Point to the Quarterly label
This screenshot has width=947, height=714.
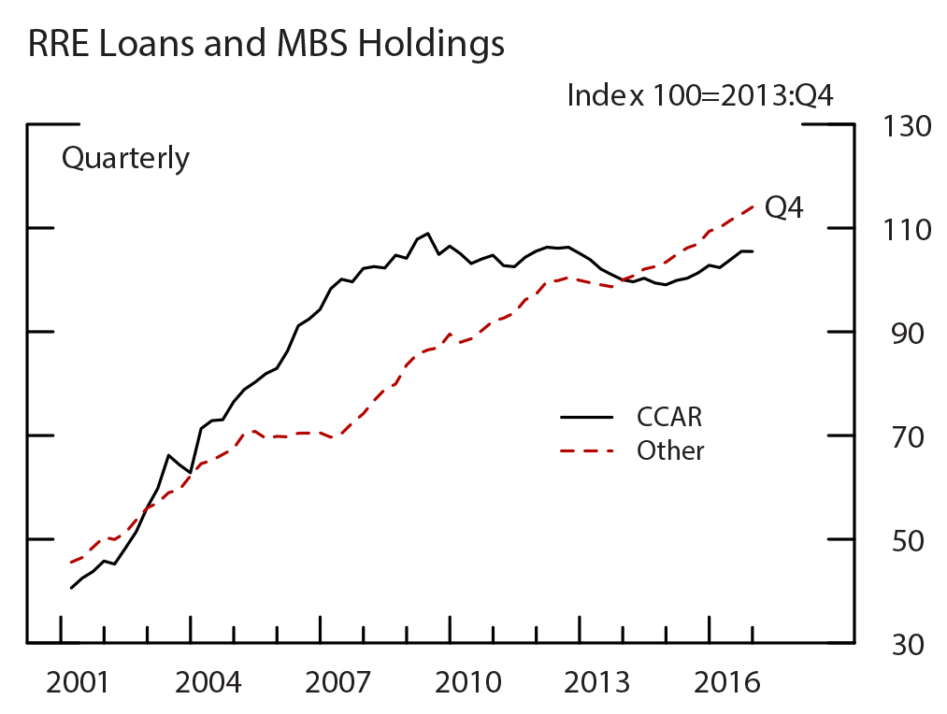pos(125,159)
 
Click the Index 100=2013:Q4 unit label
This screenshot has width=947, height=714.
pos(700,95)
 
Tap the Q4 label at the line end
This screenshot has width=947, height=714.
pos(783,207)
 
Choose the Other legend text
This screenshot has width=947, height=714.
pos(670,450)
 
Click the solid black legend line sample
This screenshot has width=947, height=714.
pos(586,417)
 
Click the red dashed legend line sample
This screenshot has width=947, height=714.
pos(586,451)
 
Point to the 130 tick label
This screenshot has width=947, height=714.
pos(907,125)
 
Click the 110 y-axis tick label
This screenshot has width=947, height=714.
pos(907,229)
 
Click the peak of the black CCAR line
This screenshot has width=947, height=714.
pos(427,233)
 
